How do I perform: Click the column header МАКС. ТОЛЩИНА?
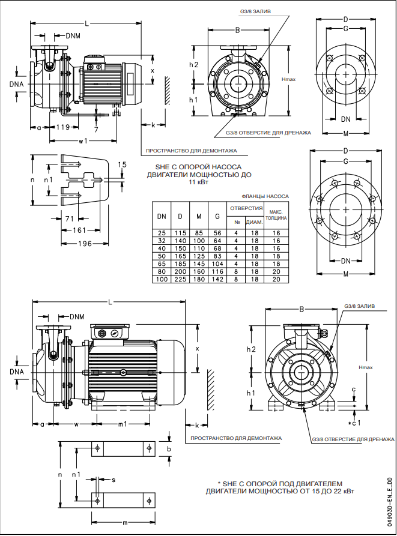click(x=276, y=215)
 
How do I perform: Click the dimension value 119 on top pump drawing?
click(x=63, y=127)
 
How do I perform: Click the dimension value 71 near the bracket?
click(x=70, y=218)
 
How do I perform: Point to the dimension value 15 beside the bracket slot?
click(x=123, y=164)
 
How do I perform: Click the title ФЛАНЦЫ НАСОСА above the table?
click(x=265, y=196)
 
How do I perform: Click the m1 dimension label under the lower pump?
click(x=122, y=424)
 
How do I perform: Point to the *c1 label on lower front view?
click(x=354, y=424)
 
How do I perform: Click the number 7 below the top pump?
click(x=96, y=129)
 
